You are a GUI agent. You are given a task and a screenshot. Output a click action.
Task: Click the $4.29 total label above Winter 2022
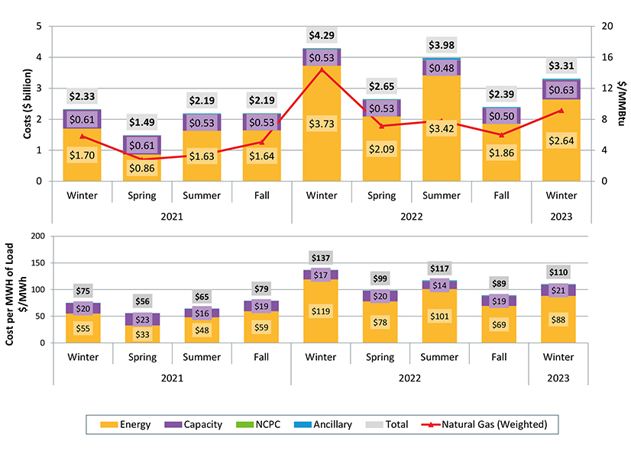(x=322, y=35)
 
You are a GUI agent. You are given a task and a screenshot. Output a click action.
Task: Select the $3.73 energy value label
(x=322, y=125)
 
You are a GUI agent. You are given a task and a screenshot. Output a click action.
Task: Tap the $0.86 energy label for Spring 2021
(x=142, y=168)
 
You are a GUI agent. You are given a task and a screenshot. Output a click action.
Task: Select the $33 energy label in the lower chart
(x=142, y=333)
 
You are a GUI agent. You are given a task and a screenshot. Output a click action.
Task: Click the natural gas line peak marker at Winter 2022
(x=322, y=69)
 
